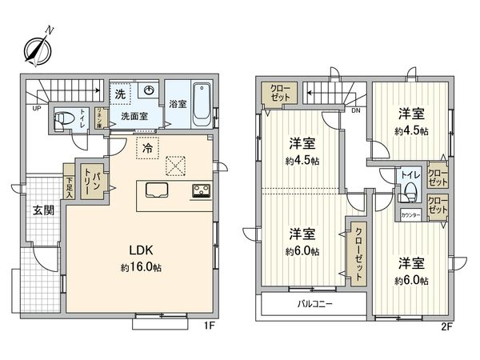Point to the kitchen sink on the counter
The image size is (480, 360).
[157, 191]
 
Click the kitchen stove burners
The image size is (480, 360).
[199, 191]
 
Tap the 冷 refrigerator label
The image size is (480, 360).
[147, 146]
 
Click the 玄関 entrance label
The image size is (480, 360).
[42, 210]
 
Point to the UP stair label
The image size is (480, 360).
[37, 108]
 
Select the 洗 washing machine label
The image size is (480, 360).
[119, 94]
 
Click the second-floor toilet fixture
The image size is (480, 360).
[410, 190]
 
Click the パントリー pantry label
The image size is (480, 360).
[94, 181]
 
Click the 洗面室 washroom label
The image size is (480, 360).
[134, 115]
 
